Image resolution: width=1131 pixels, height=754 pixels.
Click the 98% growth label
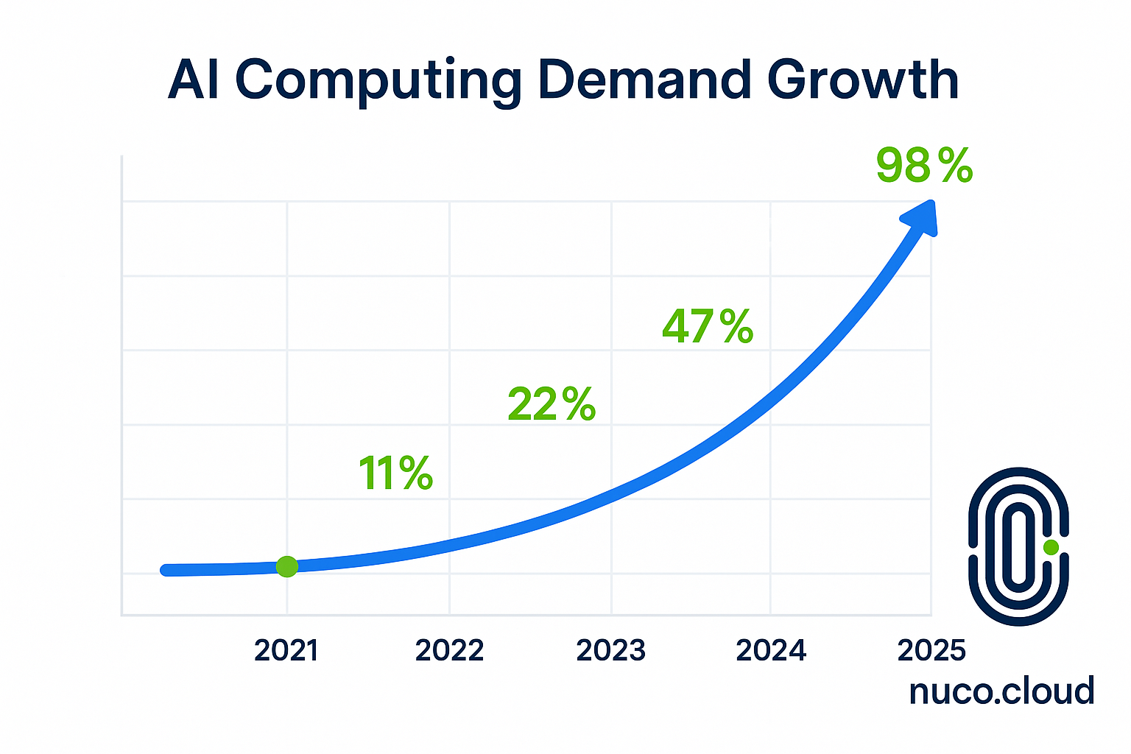click(925, 166)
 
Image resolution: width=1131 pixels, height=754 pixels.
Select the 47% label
click(708, 326)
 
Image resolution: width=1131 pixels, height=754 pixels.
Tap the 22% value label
click(552, 404)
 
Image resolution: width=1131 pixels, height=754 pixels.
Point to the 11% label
click(395, 473)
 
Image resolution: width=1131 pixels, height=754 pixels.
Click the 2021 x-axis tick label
click(286, 651)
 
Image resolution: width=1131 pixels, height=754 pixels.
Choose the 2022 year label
click(449, 651)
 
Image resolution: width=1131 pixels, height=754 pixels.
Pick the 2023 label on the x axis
click(610, 651)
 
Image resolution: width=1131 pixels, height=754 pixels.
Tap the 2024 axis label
click(771, 651)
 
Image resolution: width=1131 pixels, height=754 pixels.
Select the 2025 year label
click(931, 651)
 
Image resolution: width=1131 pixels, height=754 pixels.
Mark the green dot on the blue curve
click(287, 566)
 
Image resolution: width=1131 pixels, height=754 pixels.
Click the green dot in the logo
click(1051, 547)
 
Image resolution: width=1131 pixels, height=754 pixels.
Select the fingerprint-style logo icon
click(1018, 546)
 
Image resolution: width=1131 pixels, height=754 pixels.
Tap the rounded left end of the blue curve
click(166, 570)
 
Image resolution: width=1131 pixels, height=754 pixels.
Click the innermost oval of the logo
click(1018, 546)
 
